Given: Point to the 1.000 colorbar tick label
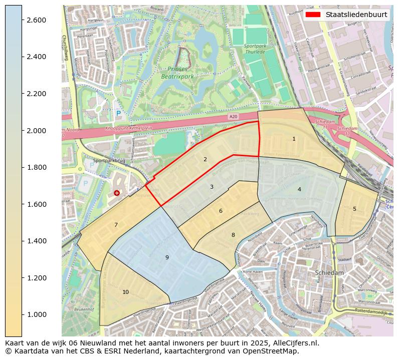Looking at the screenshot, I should tap(36, 314).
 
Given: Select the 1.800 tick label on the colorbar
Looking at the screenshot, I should tap(36, 167).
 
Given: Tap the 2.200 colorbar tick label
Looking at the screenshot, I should tap(36, 94).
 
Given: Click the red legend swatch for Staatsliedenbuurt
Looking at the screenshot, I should tap(313, 15).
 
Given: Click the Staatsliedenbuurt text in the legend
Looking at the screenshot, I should tap(356, 15).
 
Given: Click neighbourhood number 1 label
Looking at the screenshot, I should tap(294, 139).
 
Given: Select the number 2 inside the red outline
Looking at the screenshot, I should tap(205, 159).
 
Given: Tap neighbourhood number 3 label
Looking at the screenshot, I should tap(212, 187).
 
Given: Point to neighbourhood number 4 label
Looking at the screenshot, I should tap(299, 189).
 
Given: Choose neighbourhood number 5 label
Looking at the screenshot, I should tap(354, 209).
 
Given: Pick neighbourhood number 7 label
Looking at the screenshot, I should tap(116, 225).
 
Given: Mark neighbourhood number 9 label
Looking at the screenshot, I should tap(167, 257).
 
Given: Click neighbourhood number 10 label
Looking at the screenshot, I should tap(125, 292).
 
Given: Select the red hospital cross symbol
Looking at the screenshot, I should tap(117, 193).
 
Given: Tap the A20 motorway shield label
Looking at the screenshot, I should tap(233, 117).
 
